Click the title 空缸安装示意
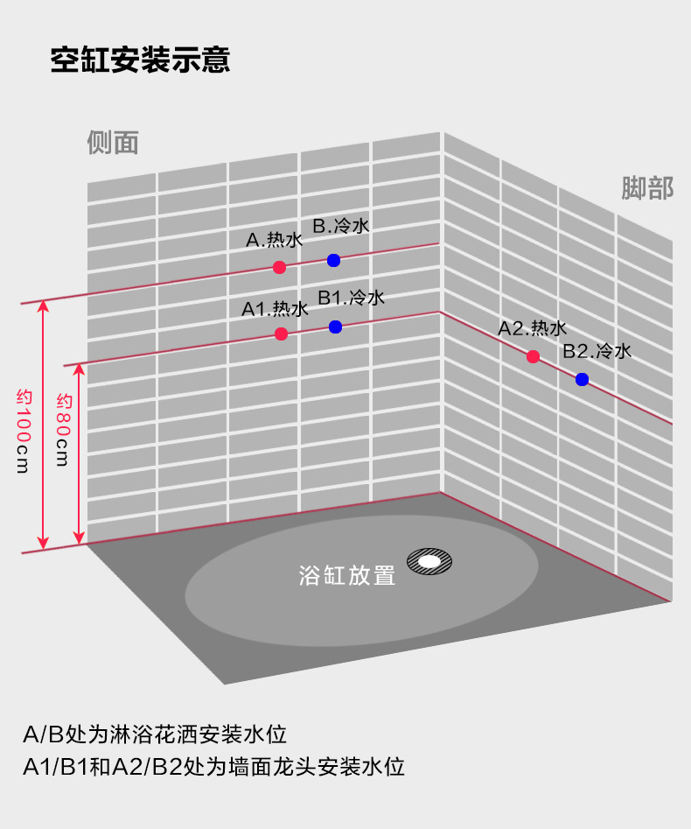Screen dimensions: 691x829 [140, 60]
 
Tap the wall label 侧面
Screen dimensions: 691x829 [113, 142]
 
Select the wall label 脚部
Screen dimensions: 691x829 [647, 188]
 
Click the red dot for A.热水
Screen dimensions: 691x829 [279, 267]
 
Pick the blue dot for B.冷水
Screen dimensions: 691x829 [333, 260]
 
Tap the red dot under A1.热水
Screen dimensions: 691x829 [281, 334]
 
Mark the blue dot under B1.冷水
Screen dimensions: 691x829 [335, 327]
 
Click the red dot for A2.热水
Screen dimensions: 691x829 [533, 356]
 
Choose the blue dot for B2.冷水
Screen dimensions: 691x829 [582, 379]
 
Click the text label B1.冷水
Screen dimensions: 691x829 [351, 298]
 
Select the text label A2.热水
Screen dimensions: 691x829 [533, 328]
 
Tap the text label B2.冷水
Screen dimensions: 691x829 [597, 352]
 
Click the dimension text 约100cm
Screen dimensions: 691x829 [23, 431]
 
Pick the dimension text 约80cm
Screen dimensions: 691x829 [62, 430]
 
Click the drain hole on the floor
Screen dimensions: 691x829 [429, 560]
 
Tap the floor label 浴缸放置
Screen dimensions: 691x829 [347, 575]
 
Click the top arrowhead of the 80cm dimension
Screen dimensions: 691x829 [80, 369]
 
